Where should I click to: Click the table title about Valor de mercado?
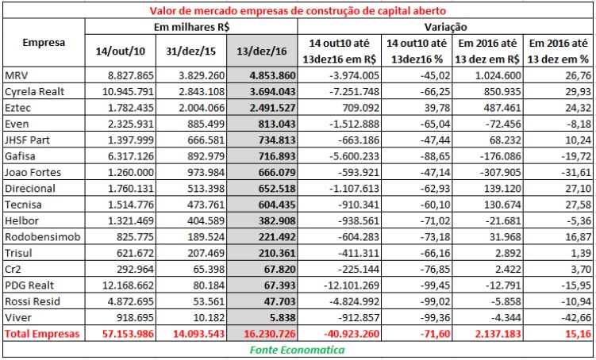pyautogui.click(x=298, y=10)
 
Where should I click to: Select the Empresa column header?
pyautogui.click(x=44, y=42)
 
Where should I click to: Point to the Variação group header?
pyautogui.click(x=446, y=25)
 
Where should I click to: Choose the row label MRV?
pyautogui.click(x=17, y=76)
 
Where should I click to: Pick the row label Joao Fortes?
pyautogui.click(x=31, y=173)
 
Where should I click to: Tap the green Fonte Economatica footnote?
pyautogui.click(x=298, y=350)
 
